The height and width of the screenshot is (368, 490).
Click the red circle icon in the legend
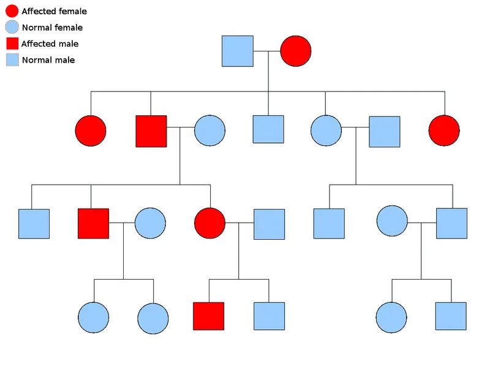(12, 10)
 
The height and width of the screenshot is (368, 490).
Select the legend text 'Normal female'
(52, 28)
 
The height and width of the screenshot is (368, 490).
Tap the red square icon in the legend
(12, 44)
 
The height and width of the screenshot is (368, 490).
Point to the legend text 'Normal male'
(48, 60)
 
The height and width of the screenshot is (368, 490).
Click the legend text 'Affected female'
(54, 12)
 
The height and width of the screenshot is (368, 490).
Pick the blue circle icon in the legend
(12, 27)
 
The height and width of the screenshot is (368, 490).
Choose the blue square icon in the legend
(12, 59)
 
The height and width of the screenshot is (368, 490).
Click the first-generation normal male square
(237, 51)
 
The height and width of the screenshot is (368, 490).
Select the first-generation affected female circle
(296, 51)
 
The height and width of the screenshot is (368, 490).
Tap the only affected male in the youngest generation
(208, 318)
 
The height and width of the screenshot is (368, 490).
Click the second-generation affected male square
(151, 131)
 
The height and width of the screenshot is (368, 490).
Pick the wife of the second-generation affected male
(210, 131)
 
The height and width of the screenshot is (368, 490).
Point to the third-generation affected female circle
(209, 223)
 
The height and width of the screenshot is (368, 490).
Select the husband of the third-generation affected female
(269, 224)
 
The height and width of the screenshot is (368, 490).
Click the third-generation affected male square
(93, 223)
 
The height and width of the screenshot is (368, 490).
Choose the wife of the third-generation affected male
(151, 223)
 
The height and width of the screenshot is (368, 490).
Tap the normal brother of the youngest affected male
(269, 318)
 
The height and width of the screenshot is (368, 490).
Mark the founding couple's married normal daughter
(326, 131)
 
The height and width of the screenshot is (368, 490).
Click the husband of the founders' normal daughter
(385, 131)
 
